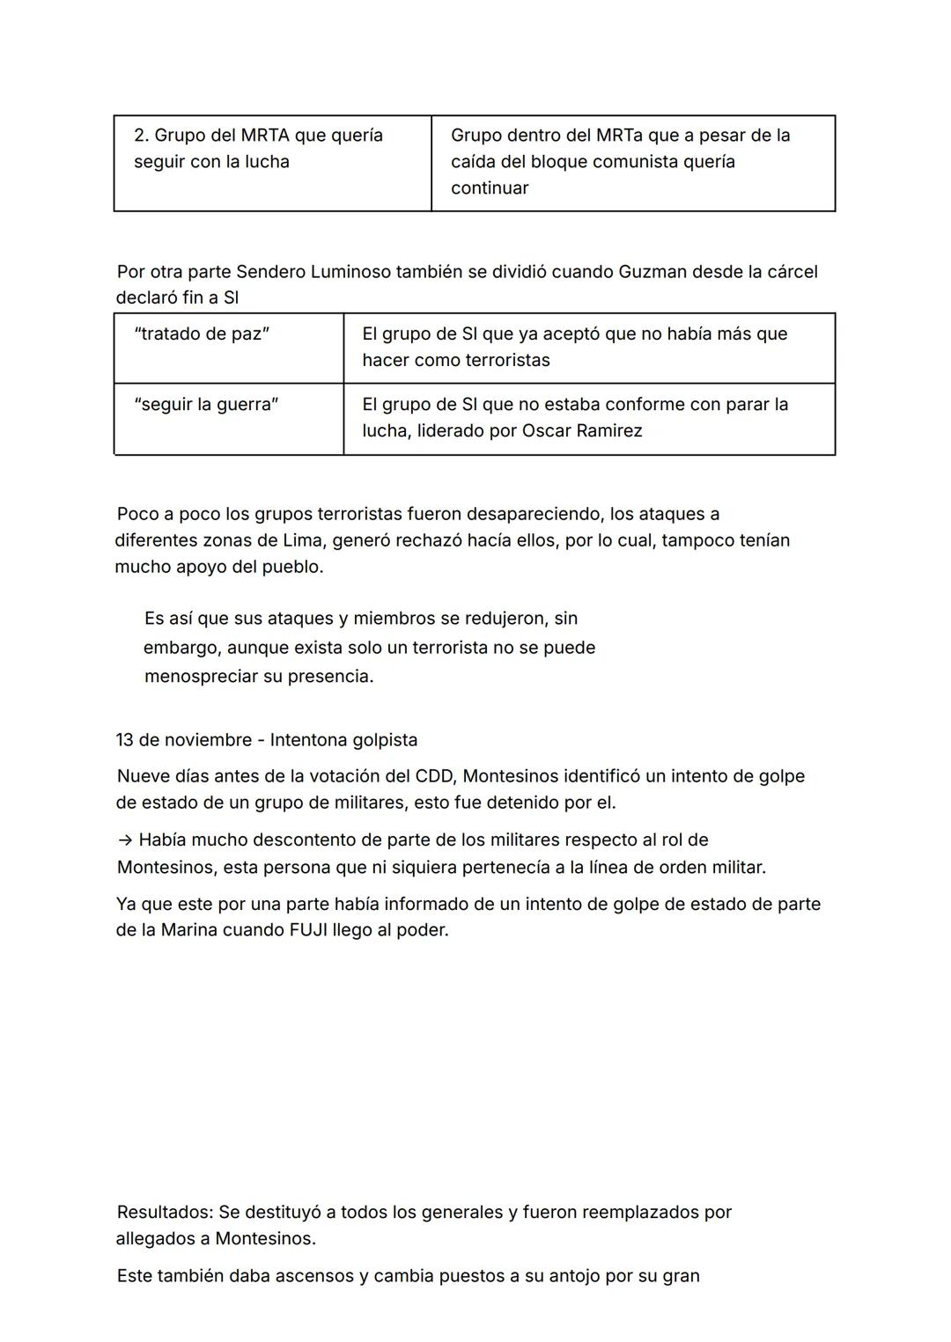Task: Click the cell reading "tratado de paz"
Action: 202,334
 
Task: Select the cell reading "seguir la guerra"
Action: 206,405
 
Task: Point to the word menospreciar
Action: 202,677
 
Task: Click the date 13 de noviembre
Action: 182,740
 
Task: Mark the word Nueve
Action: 144,776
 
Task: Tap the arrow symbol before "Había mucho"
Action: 124,840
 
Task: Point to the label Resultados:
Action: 165,1213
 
